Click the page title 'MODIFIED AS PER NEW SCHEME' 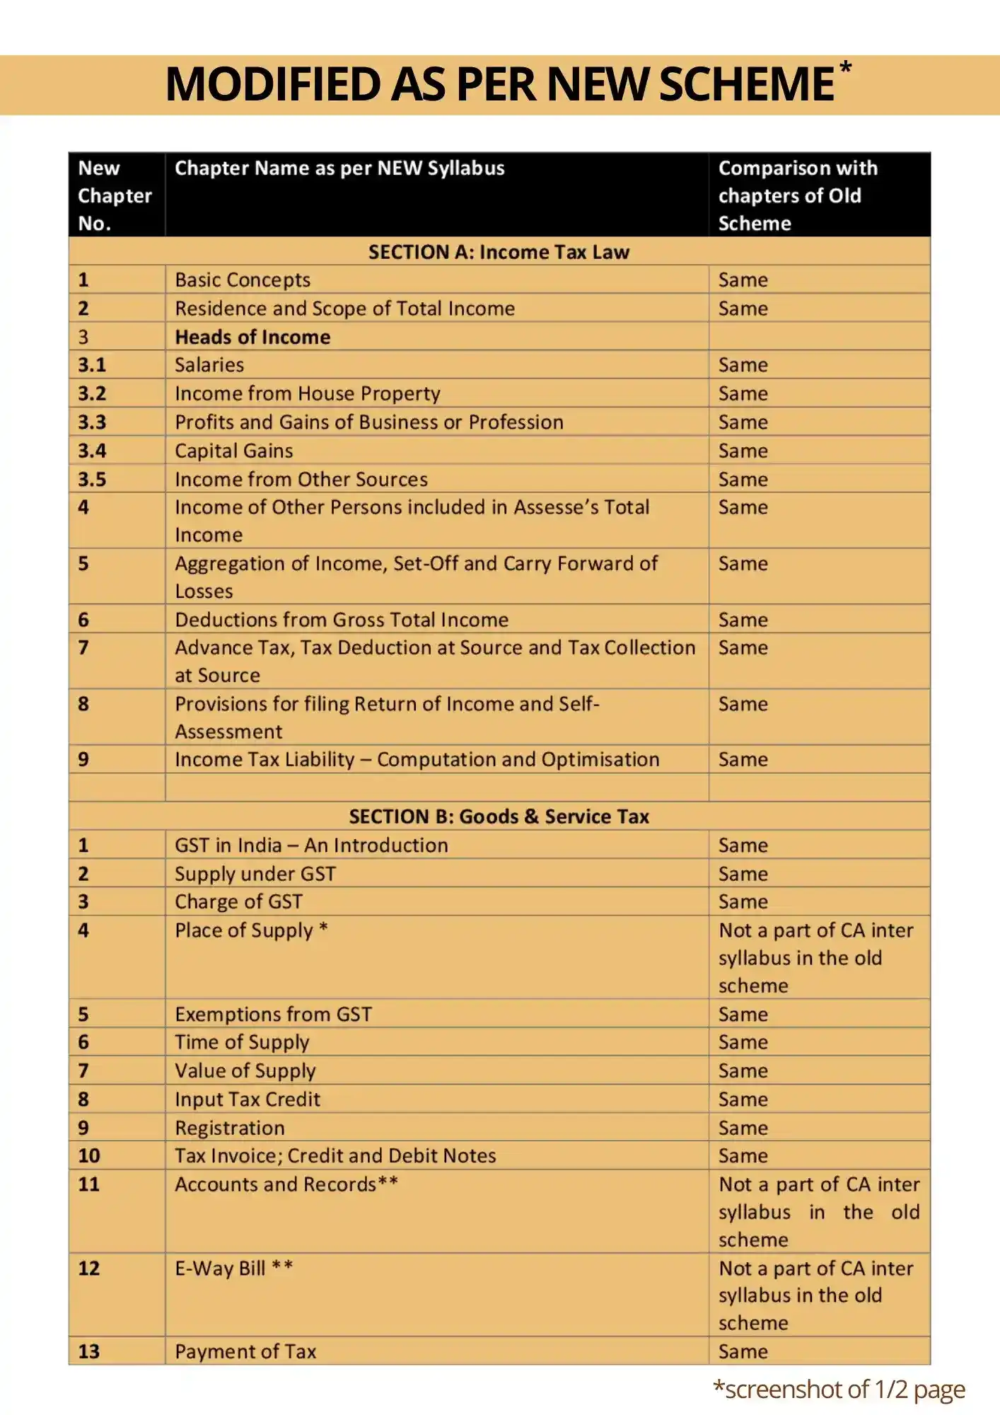click(499, 84)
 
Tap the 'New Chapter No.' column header click(115, 195)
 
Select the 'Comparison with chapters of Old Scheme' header click(798, 195)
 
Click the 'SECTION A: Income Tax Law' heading click(499, 252)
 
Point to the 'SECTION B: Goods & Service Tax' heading click(499, 816)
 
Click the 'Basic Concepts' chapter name click(243, 280)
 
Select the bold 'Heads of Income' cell click(252, 337)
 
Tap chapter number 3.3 click(92, 422)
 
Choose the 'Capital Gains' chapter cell click(234, 451)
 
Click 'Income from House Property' click(308, 393)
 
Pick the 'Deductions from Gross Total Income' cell click(342, 620)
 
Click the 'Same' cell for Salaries click(743, 365)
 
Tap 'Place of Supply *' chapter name click(251, 930)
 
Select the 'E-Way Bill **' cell click(233, 1268)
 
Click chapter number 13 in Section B click(89, 1351)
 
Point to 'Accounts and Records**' click(286, 1184)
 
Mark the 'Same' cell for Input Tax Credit click(743, 1099)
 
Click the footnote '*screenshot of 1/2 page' click(839, 1390)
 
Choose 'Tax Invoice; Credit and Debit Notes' click(335, 1156)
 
